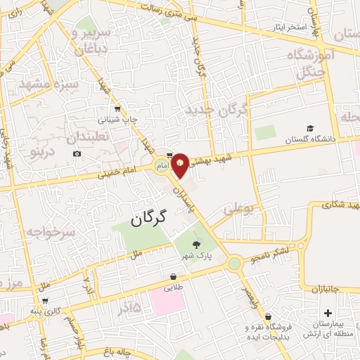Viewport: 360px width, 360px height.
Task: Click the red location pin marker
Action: pos(181,165)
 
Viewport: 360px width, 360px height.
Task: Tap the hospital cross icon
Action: pos(328,313)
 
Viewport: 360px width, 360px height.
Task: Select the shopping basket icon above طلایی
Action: pos(173,276)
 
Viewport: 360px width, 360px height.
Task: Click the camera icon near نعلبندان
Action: pos(77,153)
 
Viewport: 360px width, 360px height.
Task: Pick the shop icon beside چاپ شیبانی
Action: pos(117,109)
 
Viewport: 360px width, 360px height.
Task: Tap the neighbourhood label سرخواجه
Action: pos(51,231)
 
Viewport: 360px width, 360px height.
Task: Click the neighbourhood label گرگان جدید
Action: pos(217,110)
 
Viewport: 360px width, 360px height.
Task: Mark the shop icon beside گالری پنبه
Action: pos(45,300)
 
